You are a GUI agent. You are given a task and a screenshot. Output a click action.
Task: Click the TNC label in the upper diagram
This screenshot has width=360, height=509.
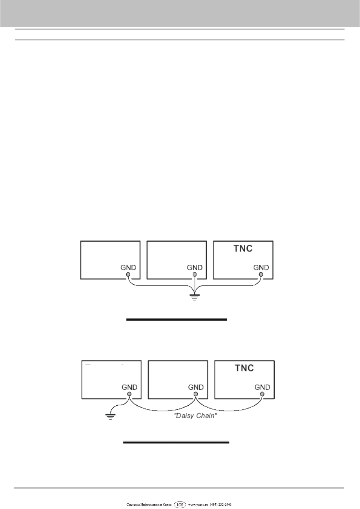click(243, 248)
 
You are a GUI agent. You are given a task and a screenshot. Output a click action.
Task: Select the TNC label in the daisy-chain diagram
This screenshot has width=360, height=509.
click(244, 368)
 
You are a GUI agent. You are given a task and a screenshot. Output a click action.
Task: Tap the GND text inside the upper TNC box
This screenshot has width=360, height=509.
click(261, 268)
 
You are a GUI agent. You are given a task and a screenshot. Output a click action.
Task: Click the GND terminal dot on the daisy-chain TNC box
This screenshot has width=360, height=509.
click(262, 394)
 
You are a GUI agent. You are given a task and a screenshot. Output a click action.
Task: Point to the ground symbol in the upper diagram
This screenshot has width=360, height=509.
click(194, 297)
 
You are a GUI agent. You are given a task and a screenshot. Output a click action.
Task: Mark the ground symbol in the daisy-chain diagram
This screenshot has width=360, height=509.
click(110, 417)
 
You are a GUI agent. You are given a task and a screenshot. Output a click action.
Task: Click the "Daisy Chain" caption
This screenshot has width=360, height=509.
click(195, 416)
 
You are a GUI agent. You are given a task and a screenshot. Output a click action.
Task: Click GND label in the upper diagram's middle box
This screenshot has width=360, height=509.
click(195, 268)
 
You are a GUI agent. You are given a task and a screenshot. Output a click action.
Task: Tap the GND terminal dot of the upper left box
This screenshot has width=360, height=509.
click(128, 274)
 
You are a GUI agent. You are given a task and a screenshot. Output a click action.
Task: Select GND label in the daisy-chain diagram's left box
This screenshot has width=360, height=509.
click(129, 387)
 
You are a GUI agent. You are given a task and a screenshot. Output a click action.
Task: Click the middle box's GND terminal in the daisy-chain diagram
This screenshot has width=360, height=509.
click(195, 394)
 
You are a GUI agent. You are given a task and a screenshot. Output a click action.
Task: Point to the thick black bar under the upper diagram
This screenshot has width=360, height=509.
click(177, 319)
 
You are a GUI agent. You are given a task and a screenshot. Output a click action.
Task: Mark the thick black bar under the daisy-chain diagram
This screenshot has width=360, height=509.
click(176, 442)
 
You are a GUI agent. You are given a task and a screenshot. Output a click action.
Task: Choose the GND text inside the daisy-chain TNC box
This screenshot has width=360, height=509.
click(262, 387)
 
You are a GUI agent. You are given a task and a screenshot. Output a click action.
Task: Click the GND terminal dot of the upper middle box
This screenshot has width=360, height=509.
click(195, 274)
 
